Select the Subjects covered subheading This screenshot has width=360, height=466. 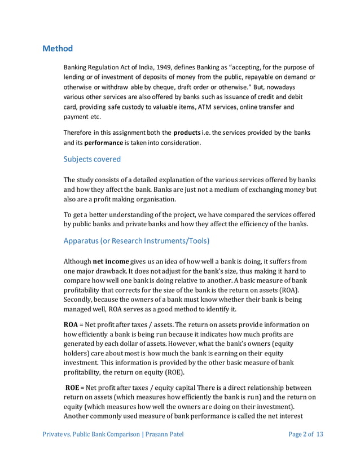tap(92, 159)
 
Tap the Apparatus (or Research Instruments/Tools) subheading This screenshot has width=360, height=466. tap(137, 241)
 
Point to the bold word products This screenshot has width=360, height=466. tap(186, 132)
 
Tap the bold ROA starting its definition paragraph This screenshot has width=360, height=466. tap(71, 324)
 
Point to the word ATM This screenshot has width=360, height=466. tap(200, 107)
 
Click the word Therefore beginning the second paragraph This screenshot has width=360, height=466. tap(80, 132)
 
